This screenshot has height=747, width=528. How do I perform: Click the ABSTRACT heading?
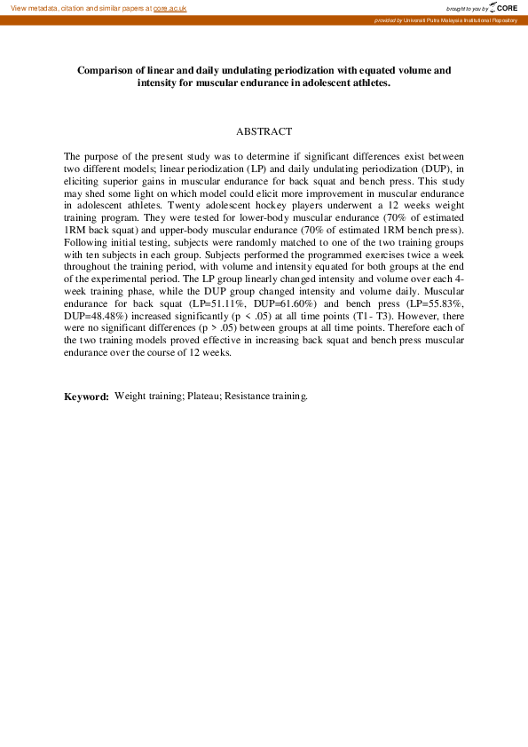click(264, 131)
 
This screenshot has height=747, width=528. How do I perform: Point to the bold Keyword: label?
click(86, 397)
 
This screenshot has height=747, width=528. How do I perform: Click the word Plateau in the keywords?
click(203, 396)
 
